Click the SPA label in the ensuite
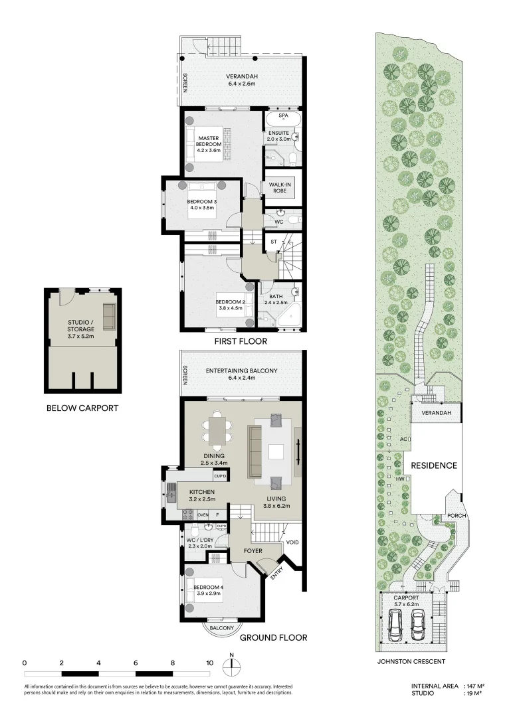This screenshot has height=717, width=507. point(283,116)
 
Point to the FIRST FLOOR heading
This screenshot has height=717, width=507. point(241,342)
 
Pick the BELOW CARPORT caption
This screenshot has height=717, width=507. point(82,408)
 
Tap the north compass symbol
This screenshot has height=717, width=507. point(232,666)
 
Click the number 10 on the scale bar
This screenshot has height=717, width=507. point(210,663)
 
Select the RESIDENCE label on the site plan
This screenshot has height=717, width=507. point(433,465)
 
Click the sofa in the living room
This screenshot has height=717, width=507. point(254,451)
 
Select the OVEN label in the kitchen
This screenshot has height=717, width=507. point(203,515)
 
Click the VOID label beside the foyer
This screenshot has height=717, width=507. point(292,542)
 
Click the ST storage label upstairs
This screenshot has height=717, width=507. point(273,242)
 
